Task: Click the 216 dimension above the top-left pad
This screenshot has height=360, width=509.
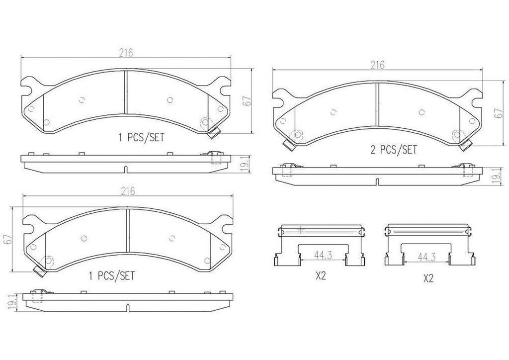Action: [126, 52]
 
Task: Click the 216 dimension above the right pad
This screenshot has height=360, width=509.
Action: [378, 65]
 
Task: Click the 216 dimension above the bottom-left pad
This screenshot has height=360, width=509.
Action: [128, 191]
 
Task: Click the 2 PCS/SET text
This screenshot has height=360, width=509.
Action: [394, 150]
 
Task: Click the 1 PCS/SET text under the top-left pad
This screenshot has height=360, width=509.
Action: [141, 137]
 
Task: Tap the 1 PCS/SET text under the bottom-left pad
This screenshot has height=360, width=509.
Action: [111, 276]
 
